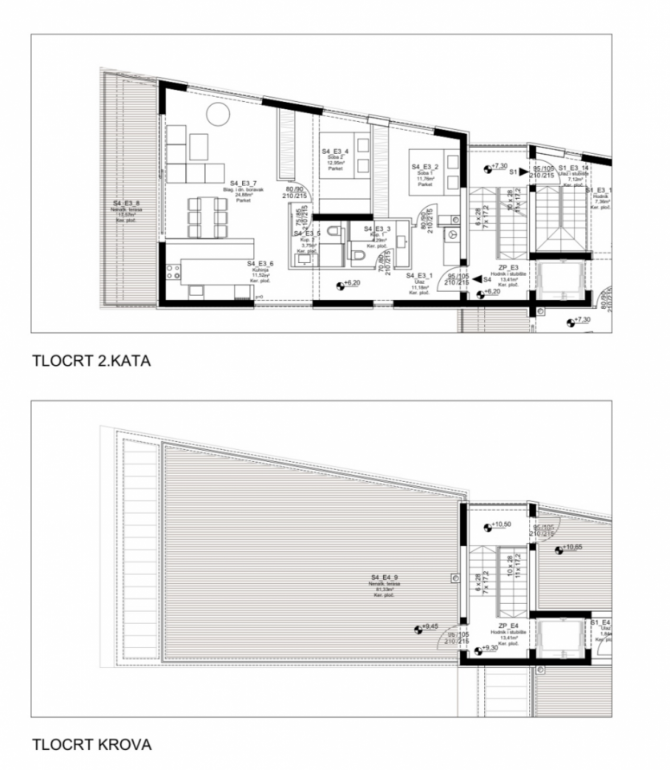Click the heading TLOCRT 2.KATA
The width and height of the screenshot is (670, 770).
(91, 361)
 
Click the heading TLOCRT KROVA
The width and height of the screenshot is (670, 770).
(91, 744)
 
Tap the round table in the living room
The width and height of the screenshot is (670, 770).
(218, 114)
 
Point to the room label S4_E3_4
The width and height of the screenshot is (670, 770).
(335, 152)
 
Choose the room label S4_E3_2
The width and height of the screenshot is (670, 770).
(426, 167)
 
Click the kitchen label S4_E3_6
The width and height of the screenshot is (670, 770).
(260, 264)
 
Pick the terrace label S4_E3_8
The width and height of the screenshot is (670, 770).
(127, 204)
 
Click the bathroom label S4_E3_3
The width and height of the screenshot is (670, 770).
(377, 229)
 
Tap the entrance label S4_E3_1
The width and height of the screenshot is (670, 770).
(420, 275)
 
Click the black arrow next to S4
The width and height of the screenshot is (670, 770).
(477, 279)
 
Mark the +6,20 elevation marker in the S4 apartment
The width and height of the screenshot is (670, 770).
(341, 284)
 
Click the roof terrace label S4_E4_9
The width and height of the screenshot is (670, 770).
(385, 577)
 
